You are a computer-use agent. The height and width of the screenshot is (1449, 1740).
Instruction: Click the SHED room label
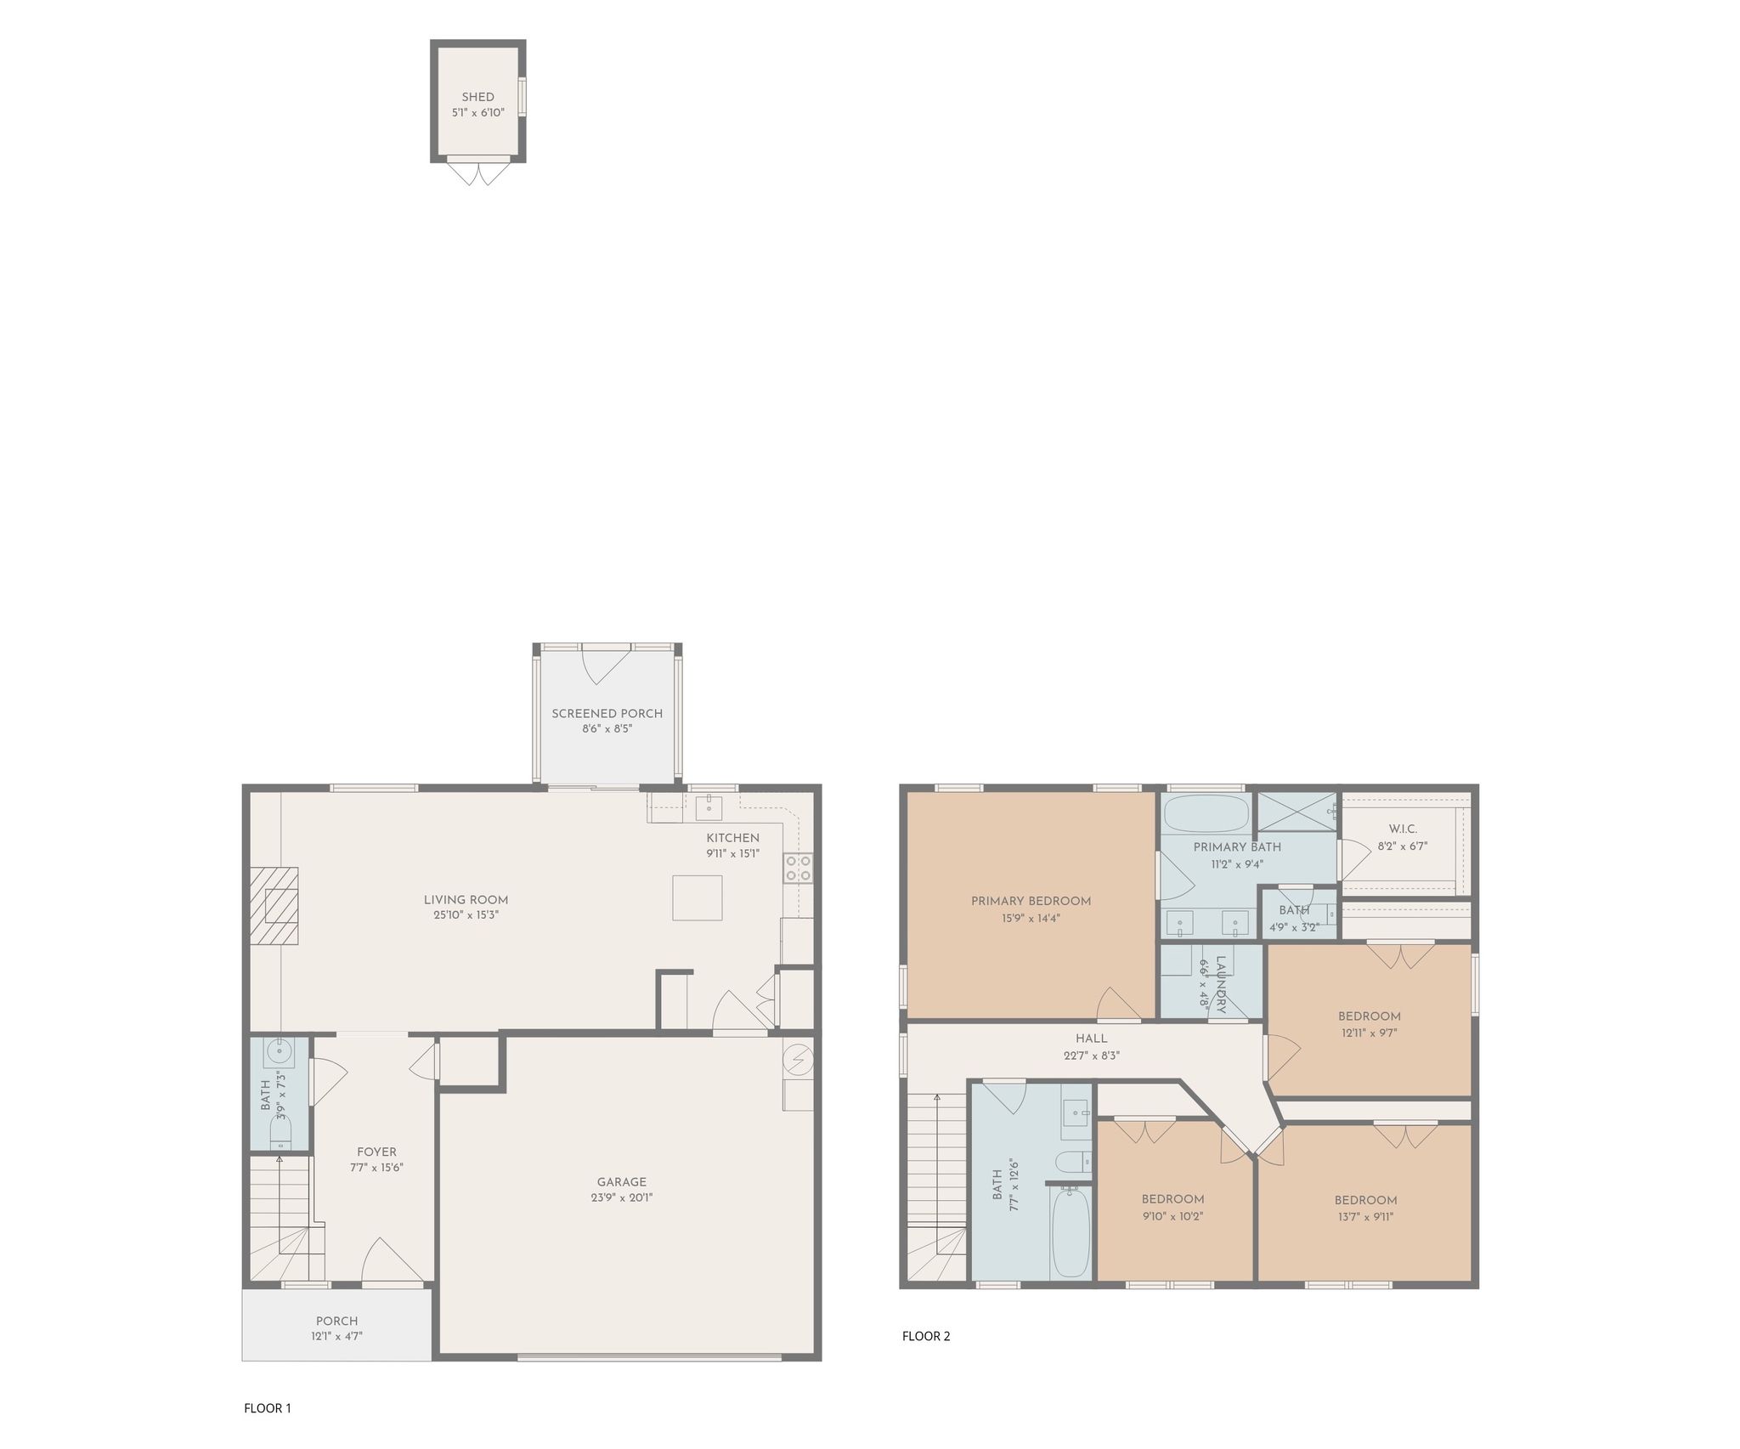coord(477,97)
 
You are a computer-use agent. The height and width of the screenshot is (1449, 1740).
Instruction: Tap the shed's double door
coord(477,173)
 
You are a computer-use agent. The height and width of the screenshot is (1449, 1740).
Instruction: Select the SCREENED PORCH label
coord(607,714)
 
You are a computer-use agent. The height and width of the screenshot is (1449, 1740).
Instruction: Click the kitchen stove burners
coord(798,868)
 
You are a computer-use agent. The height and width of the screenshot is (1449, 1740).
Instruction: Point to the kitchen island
coord(698,897)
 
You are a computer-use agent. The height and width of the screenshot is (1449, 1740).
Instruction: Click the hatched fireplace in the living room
coord(274,905)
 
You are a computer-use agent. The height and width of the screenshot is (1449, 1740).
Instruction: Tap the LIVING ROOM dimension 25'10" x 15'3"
coord(466,915)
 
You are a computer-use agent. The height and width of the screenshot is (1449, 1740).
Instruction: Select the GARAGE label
coord(622,1182)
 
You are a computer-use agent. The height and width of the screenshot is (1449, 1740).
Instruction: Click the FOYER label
coord(376,1152)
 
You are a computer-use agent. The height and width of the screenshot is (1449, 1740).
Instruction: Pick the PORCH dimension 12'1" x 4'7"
coord(336,1336)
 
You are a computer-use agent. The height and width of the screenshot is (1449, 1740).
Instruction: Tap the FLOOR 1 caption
coord(268,1408)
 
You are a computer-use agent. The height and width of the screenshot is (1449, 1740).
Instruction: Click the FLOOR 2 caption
coord(926,1336)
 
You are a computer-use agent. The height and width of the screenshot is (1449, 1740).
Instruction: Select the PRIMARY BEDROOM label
coord(1031,901)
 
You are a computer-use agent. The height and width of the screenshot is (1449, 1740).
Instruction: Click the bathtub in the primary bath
coord(1206,813)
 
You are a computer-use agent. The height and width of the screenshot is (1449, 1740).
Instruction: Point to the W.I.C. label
coord(1403,829)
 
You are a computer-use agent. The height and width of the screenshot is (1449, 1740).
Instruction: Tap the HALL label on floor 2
coord(1092,1039)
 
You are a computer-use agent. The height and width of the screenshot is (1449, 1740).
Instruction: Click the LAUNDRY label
coord(1221,985)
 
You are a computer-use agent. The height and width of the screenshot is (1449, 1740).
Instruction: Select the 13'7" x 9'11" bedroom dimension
coord(1365,1216)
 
